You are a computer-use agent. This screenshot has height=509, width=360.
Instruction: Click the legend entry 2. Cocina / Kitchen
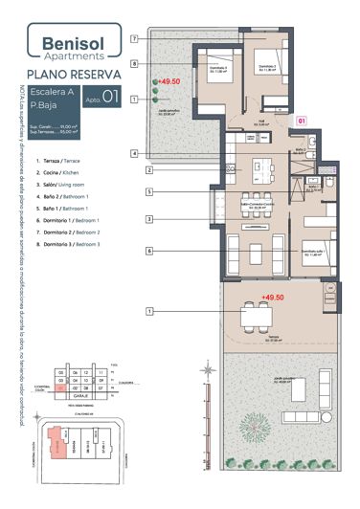64,172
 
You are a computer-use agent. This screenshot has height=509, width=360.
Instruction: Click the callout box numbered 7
135,38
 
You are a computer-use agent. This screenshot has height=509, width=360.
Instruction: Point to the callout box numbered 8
135,64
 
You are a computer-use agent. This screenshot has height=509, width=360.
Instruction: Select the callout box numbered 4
135,153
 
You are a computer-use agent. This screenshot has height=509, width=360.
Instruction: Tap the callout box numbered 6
149,251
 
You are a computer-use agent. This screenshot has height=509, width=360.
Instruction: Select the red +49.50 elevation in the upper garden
169,82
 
